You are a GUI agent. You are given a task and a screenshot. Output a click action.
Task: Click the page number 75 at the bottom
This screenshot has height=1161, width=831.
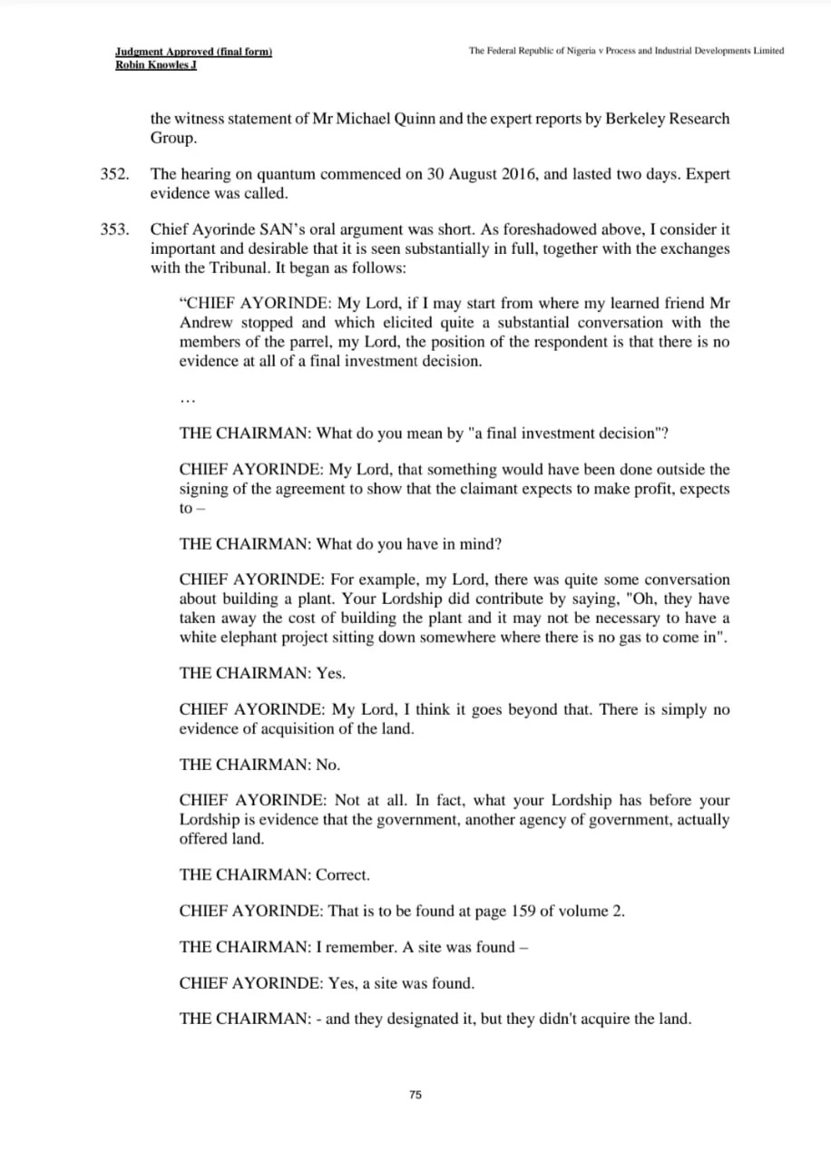[415, 1095]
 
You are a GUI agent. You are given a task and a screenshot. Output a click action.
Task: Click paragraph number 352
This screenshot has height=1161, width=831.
[113, 174]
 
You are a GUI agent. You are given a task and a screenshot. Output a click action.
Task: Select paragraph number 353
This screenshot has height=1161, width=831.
[113, 229]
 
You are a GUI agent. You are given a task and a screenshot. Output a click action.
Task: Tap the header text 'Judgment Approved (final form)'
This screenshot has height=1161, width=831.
[194, 52]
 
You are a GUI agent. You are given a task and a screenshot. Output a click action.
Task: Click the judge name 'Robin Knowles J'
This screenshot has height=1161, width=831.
[156, 65]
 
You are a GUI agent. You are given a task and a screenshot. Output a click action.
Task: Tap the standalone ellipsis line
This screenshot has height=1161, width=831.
[187, 399]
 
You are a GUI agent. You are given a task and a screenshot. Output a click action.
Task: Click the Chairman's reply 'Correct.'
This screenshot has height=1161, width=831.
[343, 875]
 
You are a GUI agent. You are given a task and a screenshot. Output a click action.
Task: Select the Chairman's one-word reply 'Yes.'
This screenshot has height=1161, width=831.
[330, 673]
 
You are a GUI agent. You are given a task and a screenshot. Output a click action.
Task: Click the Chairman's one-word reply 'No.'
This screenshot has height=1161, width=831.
[328, 765]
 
